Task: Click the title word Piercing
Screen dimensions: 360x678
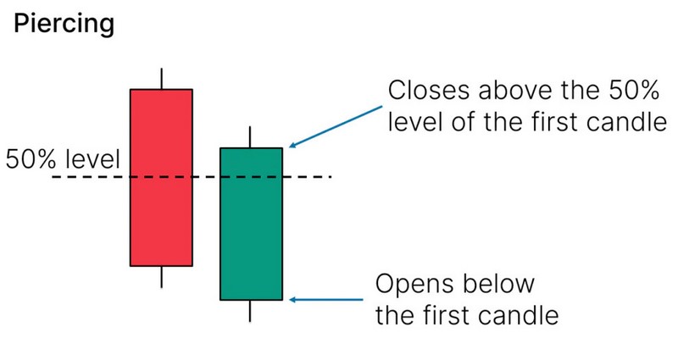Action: click(x=64, y=25)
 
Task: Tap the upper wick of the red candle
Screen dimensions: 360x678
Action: click(x=161, y=77)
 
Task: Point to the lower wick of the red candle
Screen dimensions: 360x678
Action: click(x=161, y=277)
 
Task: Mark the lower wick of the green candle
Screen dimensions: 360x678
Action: click(x=251, y=311)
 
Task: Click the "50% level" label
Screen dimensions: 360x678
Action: click(x=64, y=158)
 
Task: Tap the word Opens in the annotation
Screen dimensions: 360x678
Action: click(x=414, y=282)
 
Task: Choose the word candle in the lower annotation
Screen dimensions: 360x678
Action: click(x=521, y=315)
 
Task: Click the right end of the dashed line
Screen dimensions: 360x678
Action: click(x=329, y=177)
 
